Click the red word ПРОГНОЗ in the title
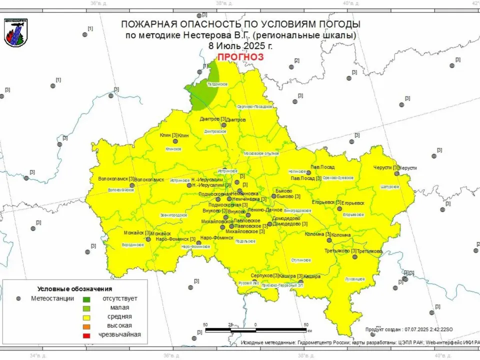pyautogui.click(x=240, y=56)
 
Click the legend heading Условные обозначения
pyautogui.click(x=74, y=289)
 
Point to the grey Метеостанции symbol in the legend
pyautogui.click(x=18, y=298)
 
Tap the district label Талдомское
pyautogui.click(x=217, y=84)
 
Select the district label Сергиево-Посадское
pyautogui.click(x=254, y=106)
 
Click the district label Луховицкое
pyautogui.click(x=355, y=278)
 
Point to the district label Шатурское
pyautogui.click(x=390, y=186)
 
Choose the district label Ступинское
pyautogui.click(x=301, y=260)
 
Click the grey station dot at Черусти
pyautogui.click(x=396, y=173)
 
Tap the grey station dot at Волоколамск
pyautogui.click(x=132, y=185)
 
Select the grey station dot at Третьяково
pyautogui.click(x=354, y=257)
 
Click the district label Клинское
pyautogui.click(x=173, y=149)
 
